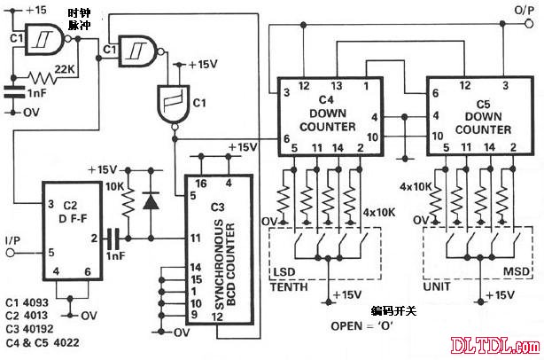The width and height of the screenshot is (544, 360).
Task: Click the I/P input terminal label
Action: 12,241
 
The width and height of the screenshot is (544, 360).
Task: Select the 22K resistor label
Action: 64,69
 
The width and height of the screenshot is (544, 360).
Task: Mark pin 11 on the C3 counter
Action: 194,237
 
